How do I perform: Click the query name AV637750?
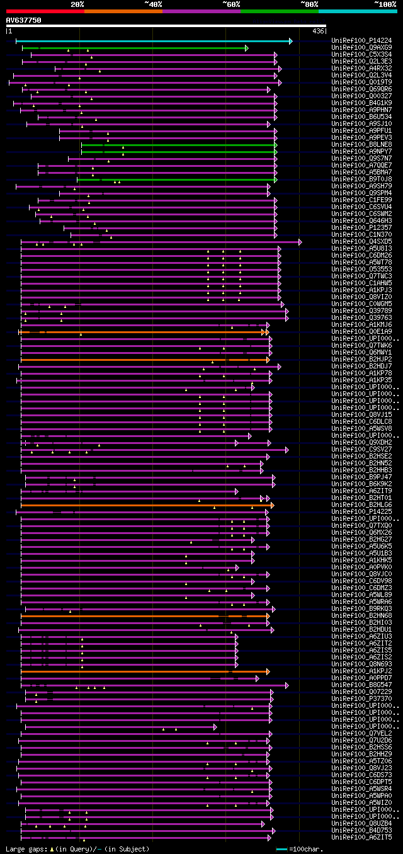24,20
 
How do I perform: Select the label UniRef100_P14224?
361,41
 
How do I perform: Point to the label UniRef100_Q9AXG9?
361,48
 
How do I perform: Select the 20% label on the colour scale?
77,4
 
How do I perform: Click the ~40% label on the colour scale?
153,4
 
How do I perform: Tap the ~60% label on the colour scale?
231,4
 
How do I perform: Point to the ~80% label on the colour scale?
309,4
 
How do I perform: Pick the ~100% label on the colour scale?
385,4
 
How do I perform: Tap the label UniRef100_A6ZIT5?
361,838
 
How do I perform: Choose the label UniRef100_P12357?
361,228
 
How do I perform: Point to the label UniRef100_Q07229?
361,692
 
